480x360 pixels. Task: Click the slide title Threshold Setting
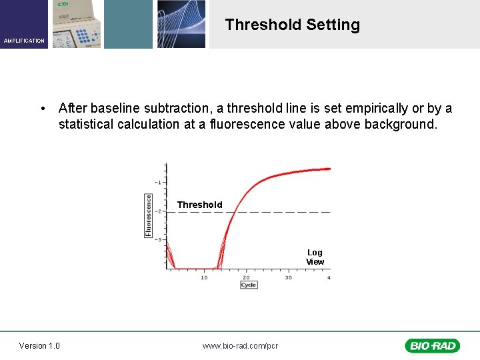[x=292, y=25]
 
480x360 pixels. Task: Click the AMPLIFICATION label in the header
[x=24, y=41]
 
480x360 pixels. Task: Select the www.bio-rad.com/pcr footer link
[x=240, y=345]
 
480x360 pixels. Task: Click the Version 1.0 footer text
[x=39, y=345]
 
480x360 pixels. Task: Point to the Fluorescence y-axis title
[x=148, y=215]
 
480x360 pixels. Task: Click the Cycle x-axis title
[x=248, y=285]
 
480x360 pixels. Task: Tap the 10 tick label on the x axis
[x=204, y=277]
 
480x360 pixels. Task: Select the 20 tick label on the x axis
[x=246, y=277]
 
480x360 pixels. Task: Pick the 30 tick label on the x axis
[x=288, y=277]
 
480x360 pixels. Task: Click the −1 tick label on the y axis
[x=159, y=182]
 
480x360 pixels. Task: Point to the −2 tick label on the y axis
[x=159, y=211]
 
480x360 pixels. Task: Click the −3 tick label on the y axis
[x=159, y=239]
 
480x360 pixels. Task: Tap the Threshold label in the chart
[x=199, y=205]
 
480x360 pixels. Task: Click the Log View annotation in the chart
[x=315, y=257]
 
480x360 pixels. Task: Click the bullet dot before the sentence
[x=42, y=109]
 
